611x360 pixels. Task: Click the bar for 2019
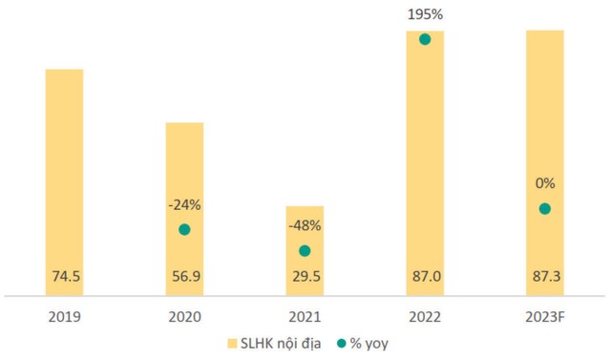pyautogui.click(x=64, y=181)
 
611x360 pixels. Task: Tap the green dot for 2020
pyautogui.click(x=184, y=229)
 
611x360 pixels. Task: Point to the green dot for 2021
pyautogui.click(x=305, y=251)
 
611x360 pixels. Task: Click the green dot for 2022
pyautogui.click(x=425, y=39)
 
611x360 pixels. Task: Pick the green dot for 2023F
pyautogui.click(x=544, y=208)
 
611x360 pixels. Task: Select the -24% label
pyautogui.click(x=184, y=205)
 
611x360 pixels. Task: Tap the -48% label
pyautogui.click(x=305, y=227)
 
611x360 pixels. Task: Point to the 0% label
pyautogui.click(x=544, y=184)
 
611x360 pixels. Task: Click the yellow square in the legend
pyautogui.click(x=233, y=342)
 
